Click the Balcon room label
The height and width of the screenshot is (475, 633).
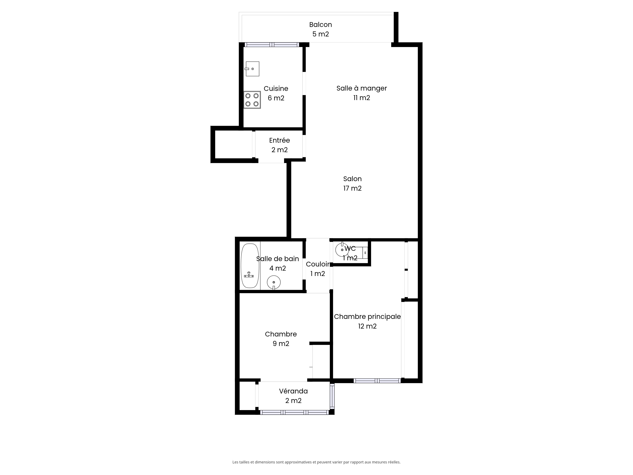point(320,25)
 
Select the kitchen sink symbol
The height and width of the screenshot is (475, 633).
point(252,69)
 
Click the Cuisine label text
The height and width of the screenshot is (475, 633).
point(276,89)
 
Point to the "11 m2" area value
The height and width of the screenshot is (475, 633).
point(362,98)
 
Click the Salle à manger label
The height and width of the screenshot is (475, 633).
point(362,89)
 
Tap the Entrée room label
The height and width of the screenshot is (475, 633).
point(280,140)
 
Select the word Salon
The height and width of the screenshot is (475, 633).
point(353,179)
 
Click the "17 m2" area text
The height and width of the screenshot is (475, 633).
point(353,188)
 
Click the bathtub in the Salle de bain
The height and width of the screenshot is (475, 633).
point(250,266)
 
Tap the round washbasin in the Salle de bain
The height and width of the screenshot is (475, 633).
point(274,282)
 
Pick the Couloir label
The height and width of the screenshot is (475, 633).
point(318,264)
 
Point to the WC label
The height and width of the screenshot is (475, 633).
point(350,249)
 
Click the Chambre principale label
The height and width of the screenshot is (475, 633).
point(367,317)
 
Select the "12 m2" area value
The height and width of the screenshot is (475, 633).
point(367,326)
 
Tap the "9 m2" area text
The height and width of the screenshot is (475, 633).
point(281,344)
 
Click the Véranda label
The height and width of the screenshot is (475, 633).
point(294,391)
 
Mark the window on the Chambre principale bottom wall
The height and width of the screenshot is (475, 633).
point(377,381)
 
